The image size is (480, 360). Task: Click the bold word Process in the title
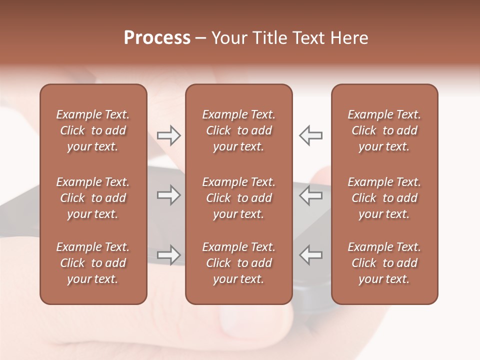[157, 38]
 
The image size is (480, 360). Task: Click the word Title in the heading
[268, 38]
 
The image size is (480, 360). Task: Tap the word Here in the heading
[349, 38]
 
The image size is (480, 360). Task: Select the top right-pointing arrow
[168, 135]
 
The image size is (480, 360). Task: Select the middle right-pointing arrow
[168, 195]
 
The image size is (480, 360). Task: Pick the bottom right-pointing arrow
[168, 255]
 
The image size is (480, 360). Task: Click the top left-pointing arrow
[310, 135]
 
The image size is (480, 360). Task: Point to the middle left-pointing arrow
[310, 195]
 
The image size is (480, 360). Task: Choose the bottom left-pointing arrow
[310, 255]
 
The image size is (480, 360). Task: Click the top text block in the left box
[93, 130]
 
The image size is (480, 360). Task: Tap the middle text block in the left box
[93, 198]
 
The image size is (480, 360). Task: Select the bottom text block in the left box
[93, 263]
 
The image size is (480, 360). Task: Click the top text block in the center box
[238, 130]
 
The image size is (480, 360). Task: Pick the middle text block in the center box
[238, 198]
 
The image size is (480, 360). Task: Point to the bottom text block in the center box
[238, 263]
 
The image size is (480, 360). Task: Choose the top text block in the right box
[384, 130]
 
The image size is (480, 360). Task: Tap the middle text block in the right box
[384, 198]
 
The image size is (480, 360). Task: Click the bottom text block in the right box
[384, 263]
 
